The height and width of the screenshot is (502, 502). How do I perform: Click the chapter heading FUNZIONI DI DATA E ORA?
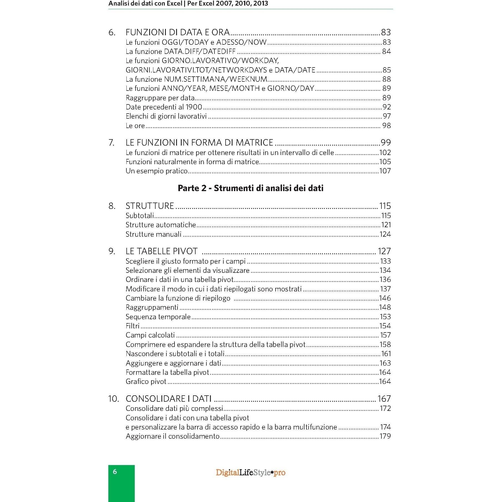pyautogui.click(x=178, y=32)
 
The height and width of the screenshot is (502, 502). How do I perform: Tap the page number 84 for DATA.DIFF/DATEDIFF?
pyautogui.click(x=386, y=51)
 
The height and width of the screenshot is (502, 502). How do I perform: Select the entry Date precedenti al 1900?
pyautogui.click(x=164, y=107)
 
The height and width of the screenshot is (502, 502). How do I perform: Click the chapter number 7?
pyautogui.click(x=111, y=143)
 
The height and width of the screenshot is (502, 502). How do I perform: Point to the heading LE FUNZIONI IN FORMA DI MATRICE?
pyautogui.click(x=199, y=143)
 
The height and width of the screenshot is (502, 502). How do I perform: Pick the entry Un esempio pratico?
pyautogui.click(x=156, y=171)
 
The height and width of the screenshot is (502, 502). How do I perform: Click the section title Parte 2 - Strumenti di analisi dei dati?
pyautogui.click(x=251, y=188)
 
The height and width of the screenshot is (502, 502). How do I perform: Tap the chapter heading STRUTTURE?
pyautogui.click(x=150, y=206)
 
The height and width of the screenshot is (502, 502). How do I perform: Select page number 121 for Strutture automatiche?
pyautogui.click(x=386, y=225)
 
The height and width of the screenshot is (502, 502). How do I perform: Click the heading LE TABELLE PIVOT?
pyautogui.click(x=161, y=251)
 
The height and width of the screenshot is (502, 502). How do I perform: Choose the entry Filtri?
pyautogui.click(x=133, y=326)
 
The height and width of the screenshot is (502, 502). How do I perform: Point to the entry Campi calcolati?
pyautogui.click(x=150, y=335)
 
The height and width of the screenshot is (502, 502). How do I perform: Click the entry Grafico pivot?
pyautogui.click(x=146, y=381)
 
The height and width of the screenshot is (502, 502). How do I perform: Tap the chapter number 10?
pyautogui.click(x=113, y=399)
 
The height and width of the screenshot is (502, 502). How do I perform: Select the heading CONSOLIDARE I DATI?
pyautogui.click(x=168, y=399)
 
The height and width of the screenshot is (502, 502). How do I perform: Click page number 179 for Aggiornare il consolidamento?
pyautogui.click(x=385, y=436)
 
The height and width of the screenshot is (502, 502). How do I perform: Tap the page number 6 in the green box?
pyautogui.click(x=115, y=472)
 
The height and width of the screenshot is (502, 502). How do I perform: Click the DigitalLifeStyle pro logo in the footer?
pyautogui.click(x=251, y=473)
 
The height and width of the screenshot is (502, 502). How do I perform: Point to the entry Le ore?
pyautogui.click(x=135, y=126)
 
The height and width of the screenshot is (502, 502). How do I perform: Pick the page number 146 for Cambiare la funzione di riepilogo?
pyautogui.click(x=385, y=298)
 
